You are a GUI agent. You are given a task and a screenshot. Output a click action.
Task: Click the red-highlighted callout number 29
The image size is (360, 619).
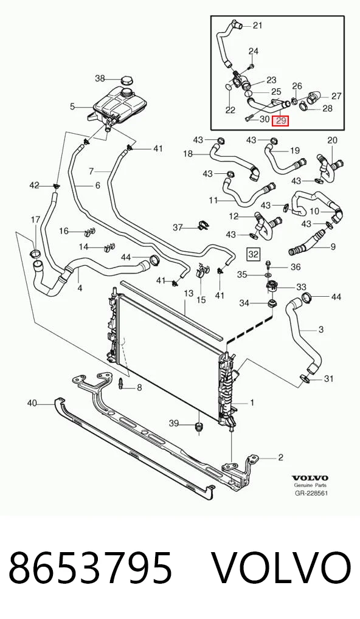[x=281, y=121]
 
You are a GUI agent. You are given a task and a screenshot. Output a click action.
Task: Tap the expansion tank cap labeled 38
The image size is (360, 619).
[x=126, y=79]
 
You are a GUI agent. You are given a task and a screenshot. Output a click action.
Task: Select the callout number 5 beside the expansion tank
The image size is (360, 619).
[x=72, y=106]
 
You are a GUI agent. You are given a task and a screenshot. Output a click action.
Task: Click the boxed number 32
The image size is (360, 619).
[x=253, y=254]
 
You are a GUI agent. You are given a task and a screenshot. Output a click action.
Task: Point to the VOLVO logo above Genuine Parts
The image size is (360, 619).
[x=310, y=478]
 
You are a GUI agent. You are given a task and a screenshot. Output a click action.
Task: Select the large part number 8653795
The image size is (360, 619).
[x=91, y=568]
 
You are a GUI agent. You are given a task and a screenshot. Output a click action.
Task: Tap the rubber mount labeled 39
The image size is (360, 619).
[x=199, y=426]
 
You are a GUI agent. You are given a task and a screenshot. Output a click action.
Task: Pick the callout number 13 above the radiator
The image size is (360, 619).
[x=189, y=293]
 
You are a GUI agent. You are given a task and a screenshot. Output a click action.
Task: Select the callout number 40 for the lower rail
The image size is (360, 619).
[x=32, y=403]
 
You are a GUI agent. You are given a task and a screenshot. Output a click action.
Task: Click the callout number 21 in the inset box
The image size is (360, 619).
[x=257, y=26]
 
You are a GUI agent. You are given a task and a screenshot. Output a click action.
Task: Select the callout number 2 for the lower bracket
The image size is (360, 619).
[x=280, y=457]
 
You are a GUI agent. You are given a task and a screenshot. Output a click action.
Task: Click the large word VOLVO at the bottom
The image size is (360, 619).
[x=282, y=568]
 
